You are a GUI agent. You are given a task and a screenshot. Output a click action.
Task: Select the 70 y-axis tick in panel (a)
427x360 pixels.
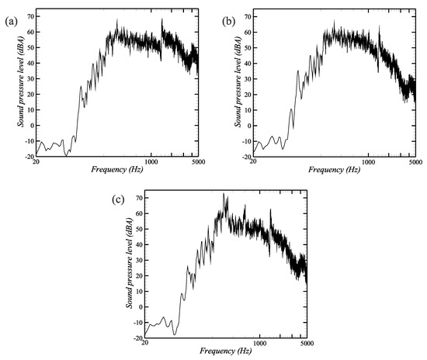point(30,16)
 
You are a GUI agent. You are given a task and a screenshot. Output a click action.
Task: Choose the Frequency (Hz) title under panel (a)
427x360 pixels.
point(116,169)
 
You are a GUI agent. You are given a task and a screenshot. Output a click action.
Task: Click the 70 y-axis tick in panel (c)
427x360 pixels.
point(139,199)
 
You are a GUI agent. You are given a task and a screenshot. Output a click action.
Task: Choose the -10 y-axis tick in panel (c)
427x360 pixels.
point(137,324)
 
